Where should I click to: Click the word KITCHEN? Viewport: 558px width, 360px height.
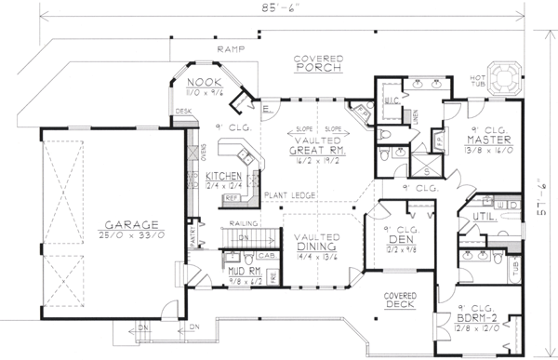coord(224,175)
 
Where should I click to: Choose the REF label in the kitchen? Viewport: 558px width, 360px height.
coord(232,198)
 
